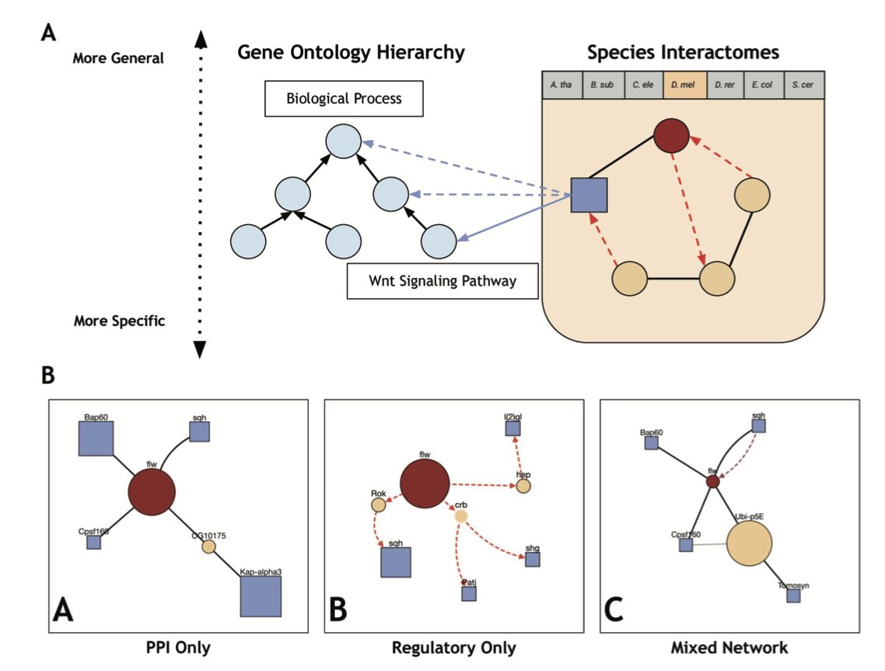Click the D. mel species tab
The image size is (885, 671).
click(x=684, y=85)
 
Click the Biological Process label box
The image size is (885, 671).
click(x=343, y=100)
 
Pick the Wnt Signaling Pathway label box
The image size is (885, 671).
click(x=442, y=281)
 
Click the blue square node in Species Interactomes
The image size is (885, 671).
click(x=589, y=194)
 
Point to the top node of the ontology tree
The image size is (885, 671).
click(x=343, y=144)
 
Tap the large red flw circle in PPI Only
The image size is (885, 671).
click(x=152, y=494)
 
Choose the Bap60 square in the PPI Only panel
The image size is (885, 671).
click(x=96, y=437)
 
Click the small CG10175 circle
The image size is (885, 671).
click(x=208, y=546)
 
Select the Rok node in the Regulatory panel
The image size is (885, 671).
click(x=378, y=504)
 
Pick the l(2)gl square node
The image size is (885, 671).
click(x=512, y=427)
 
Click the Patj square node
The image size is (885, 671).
click(x=469, y=593)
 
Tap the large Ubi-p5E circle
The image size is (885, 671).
click(x=749, y=544)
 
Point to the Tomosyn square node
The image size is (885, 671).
click(x=792, y=595)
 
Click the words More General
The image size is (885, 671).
click(x=118, y=58)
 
